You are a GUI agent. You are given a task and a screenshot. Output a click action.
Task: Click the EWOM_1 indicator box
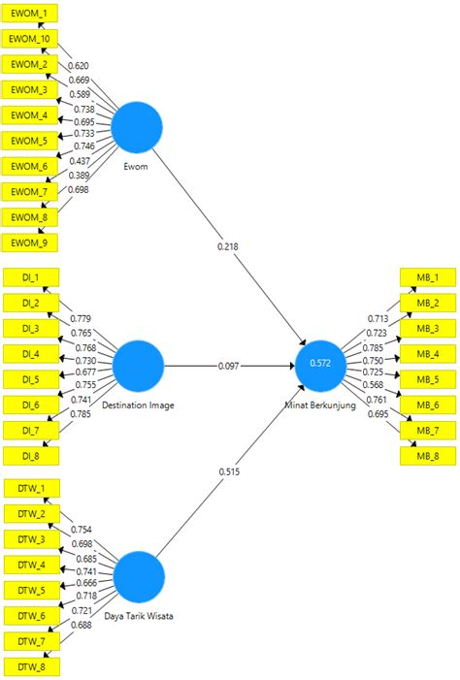(x=30, y=14)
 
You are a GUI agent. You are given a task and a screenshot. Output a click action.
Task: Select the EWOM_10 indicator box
(x=30, y=39)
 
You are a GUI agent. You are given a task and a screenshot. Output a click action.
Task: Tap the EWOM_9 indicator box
(x=30, y=242)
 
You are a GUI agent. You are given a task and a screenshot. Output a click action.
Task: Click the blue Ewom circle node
(x=137, y=127)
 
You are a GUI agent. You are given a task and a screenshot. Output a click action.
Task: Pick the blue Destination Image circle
(x=138, y=367)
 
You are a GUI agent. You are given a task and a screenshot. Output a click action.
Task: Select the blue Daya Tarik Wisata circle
(x=138, y=579)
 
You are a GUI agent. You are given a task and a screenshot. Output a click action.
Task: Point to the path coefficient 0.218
(x=229, y=246)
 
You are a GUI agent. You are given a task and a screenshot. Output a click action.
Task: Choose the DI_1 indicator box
(x=30, y=277)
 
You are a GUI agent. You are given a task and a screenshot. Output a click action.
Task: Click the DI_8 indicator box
(x=30, y=455)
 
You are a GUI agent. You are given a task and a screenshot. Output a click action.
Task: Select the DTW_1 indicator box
(x=30, y=489)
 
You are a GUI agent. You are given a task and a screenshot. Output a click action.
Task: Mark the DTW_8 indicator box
(x=30, y=666)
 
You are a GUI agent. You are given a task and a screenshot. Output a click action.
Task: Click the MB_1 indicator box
(x=428, y=277)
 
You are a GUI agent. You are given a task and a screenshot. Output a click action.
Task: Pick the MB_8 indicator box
(x=428, y=455)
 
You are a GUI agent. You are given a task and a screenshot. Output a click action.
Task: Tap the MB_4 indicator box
(x=428, y=354)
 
